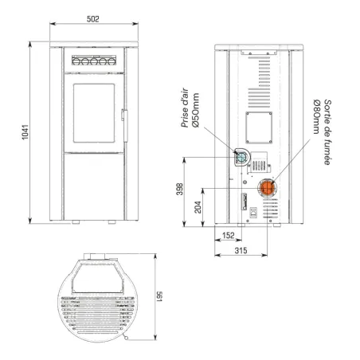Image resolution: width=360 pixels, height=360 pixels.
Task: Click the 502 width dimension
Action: point(93,19)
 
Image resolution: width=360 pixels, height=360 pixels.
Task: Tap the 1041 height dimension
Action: point(25,132)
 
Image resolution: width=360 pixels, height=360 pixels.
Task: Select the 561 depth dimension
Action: point(159,297)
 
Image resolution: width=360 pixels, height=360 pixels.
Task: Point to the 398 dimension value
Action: point(180,189)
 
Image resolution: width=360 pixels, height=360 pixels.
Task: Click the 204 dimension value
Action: point(198,207)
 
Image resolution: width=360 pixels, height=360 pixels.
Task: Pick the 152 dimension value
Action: point(229,236)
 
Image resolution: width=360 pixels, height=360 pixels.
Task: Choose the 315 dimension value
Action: point(241,250)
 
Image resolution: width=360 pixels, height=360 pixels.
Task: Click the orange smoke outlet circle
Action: point(267,187)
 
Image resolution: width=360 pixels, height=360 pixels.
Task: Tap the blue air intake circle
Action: point(241,157)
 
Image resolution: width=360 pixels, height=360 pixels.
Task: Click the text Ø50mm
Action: point(196,110)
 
